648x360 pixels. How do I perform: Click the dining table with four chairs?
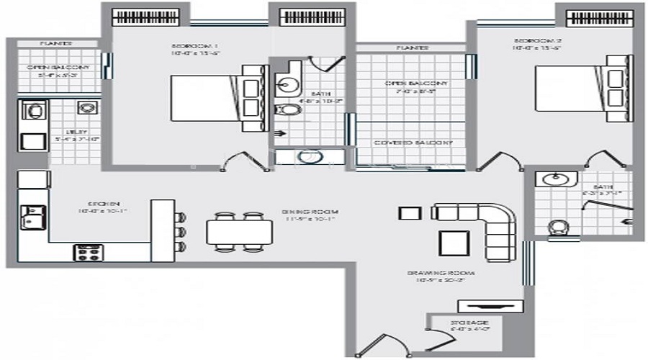coord(239,232)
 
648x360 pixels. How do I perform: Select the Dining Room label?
coord(310,212)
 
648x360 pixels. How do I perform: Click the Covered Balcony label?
coord(413,143)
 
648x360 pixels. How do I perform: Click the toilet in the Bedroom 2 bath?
coord(557,228)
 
